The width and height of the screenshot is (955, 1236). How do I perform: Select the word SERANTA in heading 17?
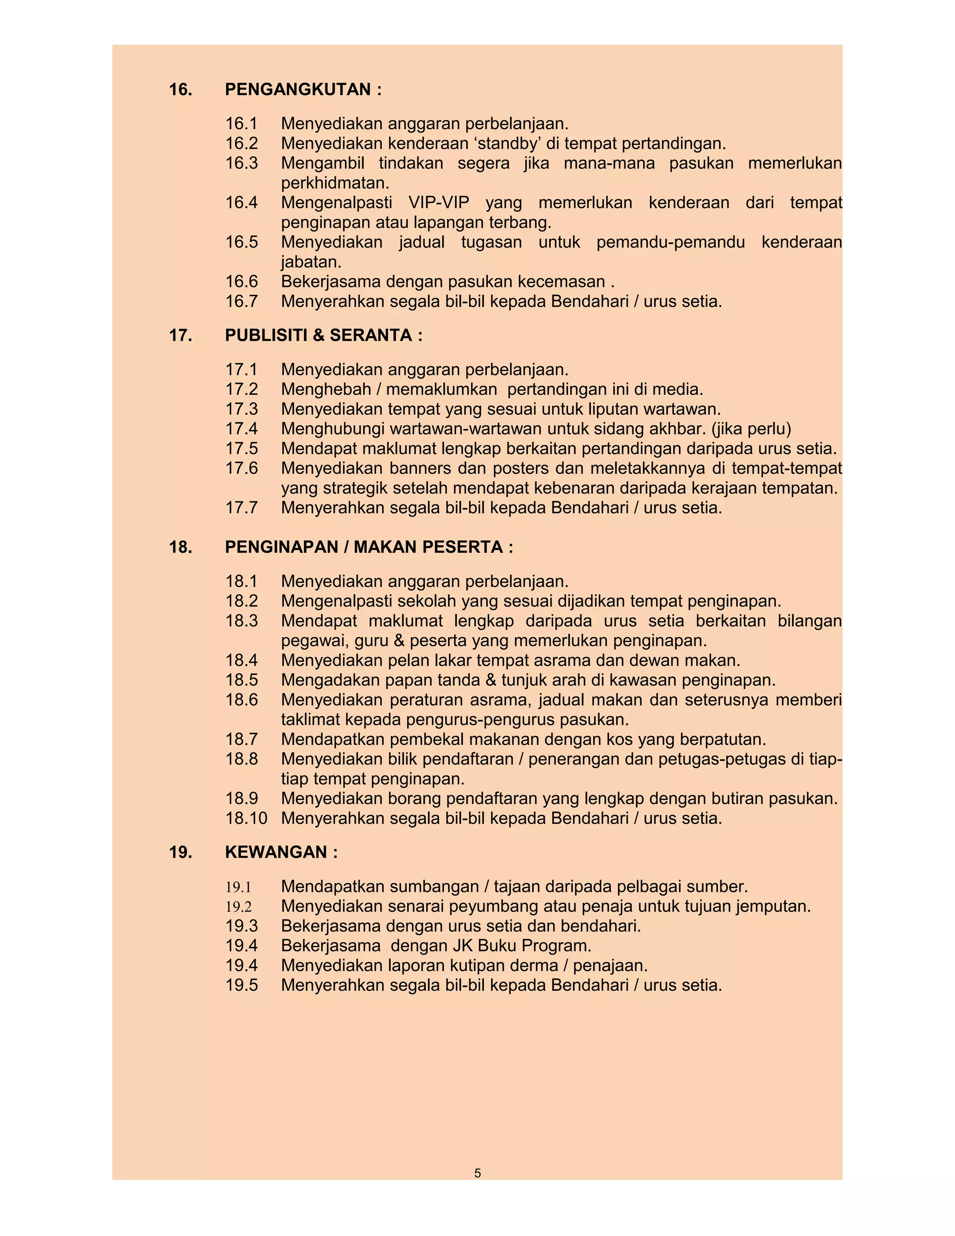pyautogui.click(x=371, y=336)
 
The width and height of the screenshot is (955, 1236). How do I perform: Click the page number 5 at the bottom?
pyautogui.click(x=477, y=1173)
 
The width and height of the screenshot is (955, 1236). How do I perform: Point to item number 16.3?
pyautogui.click(x=242, y=163)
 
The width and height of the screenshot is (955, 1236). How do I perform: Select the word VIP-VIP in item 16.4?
pyautogui.click(x=438, y=202)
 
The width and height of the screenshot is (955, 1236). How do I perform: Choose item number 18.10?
pyautogui.click(x=246, y=819)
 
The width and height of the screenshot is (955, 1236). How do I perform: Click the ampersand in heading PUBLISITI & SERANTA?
pyautogui.click(x=318, y=336)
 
